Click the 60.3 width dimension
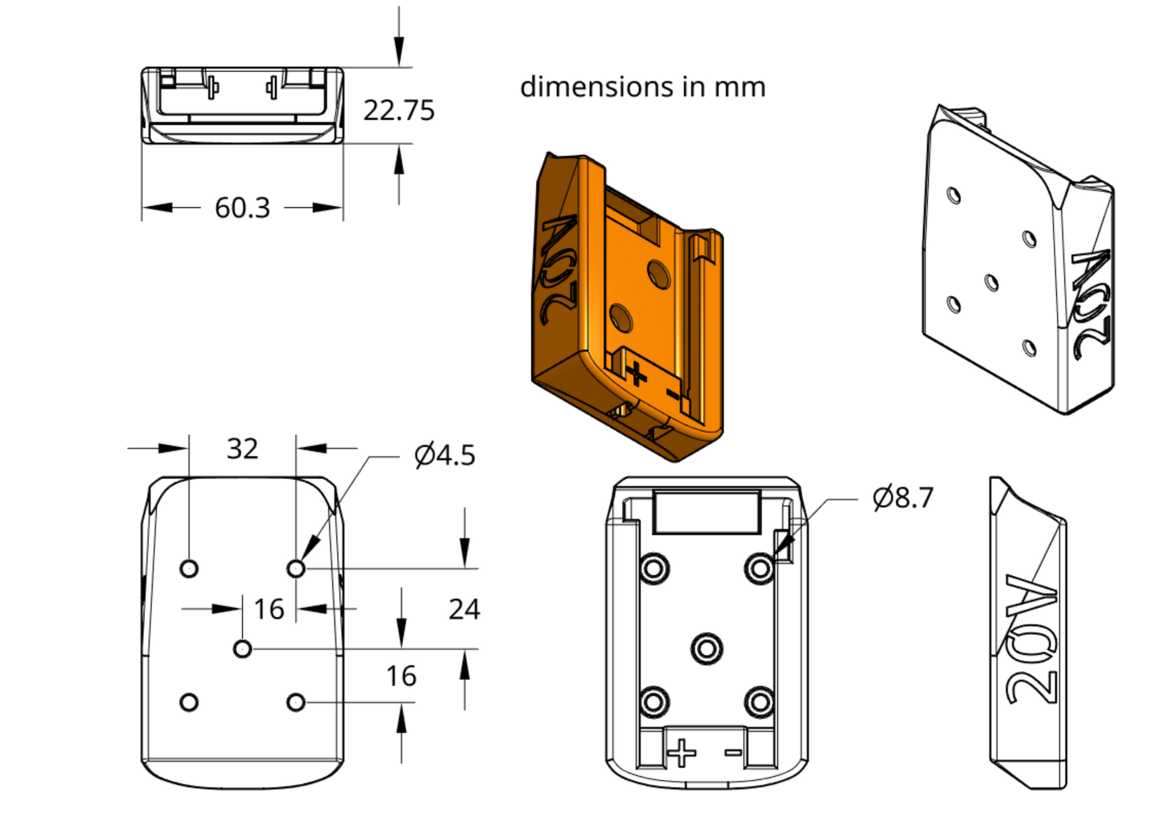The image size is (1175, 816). [242, 208]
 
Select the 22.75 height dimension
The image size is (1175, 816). [399, 110]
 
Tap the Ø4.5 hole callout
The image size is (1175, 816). [445, 455]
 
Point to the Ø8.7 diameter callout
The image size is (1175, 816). [903, 498]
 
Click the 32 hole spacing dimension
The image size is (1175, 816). [242, 448]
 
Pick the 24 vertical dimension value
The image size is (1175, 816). [464, 609]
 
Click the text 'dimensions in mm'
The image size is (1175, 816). [642, 87]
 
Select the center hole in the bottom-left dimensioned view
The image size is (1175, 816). [242, 649]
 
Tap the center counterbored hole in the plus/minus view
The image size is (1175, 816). [706, 649]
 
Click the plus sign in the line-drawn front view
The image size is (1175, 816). [682, 753]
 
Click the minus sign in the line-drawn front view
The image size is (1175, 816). [733, 752]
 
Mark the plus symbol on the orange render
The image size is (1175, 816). [636, 374]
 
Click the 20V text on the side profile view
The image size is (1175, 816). [1032, 640]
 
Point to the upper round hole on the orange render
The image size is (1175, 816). [658, 274]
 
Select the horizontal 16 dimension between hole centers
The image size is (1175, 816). [269, 609]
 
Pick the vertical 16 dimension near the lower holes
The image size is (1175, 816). [401, 676]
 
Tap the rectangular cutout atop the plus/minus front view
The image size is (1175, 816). [706, 512]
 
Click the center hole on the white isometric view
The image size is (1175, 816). [991, 282]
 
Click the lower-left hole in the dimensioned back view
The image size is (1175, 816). [189, 702]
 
